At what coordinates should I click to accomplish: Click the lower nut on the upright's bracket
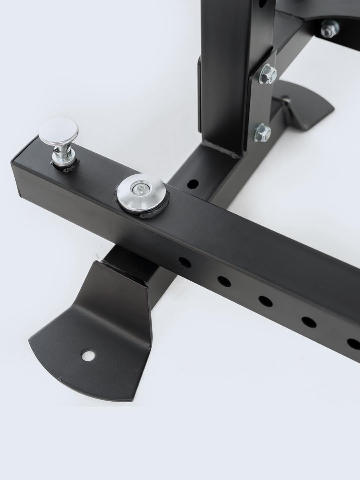click(x=263, y=132)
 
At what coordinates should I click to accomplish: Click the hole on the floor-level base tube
click(x=193, y=183)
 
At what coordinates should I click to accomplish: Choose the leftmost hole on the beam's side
click(x=184, y=262)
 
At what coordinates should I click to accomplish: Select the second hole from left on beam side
click(x=224, y=281)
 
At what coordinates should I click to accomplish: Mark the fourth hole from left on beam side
click(x=309, y=321)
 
